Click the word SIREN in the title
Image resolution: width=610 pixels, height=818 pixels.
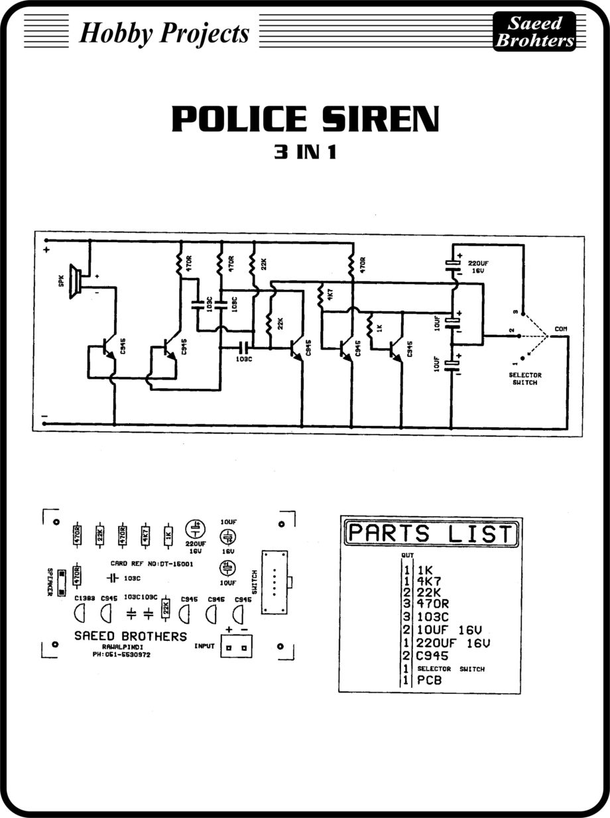pos(375,119)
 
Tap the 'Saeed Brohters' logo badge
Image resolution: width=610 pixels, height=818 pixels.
pos(534,33)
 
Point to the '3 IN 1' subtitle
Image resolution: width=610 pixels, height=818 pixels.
pos(305,152)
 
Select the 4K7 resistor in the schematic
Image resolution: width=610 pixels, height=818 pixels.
pos(321,297)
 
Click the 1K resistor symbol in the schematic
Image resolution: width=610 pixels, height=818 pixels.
pos(371,327)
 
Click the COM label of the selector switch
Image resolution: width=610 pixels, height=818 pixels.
pos(560,328)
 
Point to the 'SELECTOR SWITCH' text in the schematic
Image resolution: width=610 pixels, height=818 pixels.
pos(518,379)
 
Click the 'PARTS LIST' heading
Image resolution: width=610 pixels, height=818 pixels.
pos(432,533)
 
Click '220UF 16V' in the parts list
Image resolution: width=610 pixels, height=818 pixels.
pos(454,643)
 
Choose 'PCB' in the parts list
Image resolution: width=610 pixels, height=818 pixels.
pos(429,680)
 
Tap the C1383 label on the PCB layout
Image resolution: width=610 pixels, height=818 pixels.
pos(84,598)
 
